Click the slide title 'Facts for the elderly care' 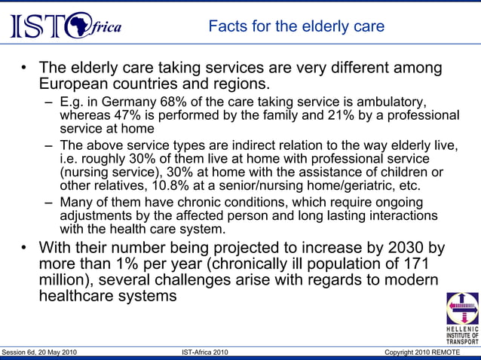point(296,27)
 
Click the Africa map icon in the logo point(79,27)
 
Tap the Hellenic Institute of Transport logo point(462,317)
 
